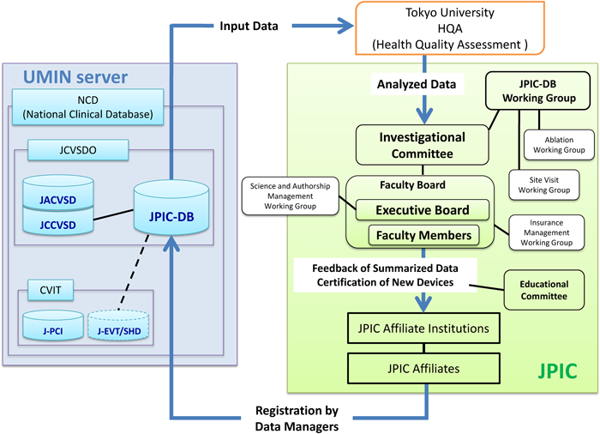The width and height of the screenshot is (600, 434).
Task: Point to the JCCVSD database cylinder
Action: tap(56, 222)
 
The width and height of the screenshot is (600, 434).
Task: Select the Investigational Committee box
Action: tap(423, 144)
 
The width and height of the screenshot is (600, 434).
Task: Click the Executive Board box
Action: tap(423, 208)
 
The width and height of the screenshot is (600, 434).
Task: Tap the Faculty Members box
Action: tap(423, 235)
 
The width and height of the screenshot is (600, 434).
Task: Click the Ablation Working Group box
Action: tap(559, 144)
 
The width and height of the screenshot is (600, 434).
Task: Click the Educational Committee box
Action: tap(544, 290)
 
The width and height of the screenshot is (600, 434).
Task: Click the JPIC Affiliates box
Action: tap(422, 368)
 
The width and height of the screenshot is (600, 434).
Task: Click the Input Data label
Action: tap(248, 26)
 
